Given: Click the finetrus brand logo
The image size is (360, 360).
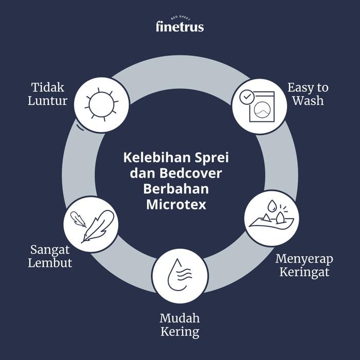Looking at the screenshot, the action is (x=180, y=24).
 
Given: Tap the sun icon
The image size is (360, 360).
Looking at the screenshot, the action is (x=101, y=104).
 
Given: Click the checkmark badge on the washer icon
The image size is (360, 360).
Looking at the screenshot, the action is (x=247, y=97).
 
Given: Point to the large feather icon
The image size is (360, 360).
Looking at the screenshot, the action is (x=98, y=227).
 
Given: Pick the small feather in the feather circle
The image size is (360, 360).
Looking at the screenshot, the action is (x=78, y=219).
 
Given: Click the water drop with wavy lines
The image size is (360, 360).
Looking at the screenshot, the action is (x=179, y=275).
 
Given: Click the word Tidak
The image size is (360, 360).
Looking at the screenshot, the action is (x=48, y=87).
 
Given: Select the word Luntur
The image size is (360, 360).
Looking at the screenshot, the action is (x=47, y=101).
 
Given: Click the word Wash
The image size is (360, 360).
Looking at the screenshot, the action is (x=308, y=101).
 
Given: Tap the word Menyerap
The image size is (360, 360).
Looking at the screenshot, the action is (x=304, y=259).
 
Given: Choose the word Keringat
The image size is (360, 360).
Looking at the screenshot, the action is (x=304, y=273).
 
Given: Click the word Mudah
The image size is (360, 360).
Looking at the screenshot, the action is (x=180, y=318).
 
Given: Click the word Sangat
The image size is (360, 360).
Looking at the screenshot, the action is (x=50, y=250).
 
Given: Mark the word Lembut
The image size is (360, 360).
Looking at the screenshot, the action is (x=50, y=263).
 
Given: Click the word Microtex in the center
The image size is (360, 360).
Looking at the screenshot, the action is (x=176, y=204).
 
